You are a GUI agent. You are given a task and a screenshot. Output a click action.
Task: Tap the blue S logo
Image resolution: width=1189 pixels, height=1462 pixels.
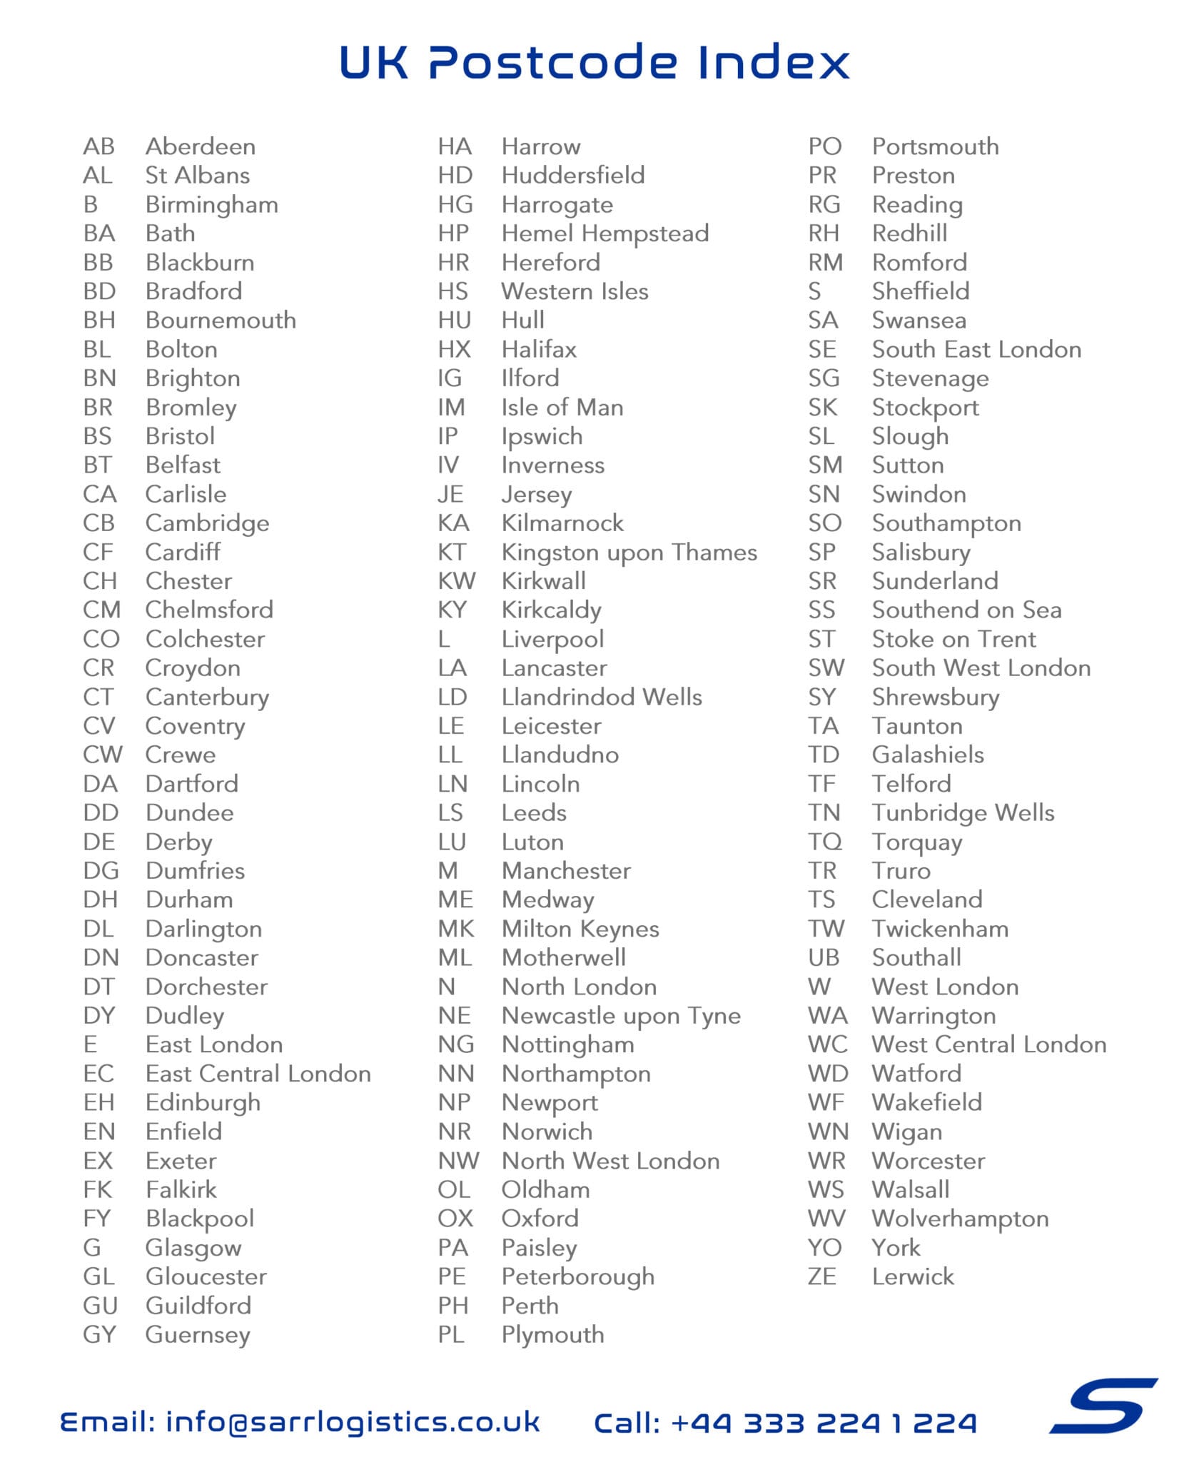click(1103, 1405)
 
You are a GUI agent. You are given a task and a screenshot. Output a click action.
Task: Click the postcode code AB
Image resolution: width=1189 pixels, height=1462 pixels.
click(98, 146)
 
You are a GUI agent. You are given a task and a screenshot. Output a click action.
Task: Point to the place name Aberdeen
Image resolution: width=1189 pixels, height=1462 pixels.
click(201, 146)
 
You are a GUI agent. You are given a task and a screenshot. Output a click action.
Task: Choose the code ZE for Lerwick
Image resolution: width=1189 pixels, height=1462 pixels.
click(821, 1276)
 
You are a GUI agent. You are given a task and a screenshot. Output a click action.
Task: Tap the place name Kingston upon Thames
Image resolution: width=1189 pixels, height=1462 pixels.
click(629, 553)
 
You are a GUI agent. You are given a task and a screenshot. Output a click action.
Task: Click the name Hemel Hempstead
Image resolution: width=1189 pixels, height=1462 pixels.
click(605, 233)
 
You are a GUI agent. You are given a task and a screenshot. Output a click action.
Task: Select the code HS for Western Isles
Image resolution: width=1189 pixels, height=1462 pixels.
click(453, 291)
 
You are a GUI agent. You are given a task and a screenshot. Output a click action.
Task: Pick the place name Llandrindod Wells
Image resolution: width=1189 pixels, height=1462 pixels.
click(602, 697)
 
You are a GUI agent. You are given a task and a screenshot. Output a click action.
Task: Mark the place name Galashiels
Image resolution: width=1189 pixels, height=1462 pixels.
click(928, 755)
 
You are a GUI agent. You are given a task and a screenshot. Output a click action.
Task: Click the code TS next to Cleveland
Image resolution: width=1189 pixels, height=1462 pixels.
click(821, 899)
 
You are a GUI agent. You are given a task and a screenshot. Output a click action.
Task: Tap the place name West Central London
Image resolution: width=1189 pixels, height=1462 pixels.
click(989, 1044)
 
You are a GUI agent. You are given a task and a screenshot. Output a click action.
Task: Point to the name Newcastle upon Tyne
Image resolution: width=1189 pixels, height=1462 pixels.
click(621, 1016)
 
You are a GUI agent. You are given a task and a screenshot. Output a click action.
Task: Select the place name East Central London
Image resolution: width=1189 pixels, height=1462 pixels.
click(258, 1074)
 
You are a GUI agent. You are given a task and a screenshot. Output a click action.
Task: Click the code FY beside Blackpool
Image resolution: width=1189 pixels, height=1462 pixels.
click(97, 1219)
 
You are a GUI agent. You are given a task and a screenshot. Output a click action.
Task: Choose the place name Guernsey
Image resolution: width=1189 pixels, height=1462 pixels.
click(198, 1335)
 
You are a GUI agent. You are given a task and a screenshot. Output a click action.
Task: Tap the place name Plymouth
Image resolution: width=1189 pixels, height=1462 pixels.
click(552, 1335)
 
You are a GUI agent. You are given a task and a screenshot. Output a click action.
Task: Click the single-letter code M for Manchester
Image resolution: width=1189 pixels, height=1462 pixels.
click(447, 871)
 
